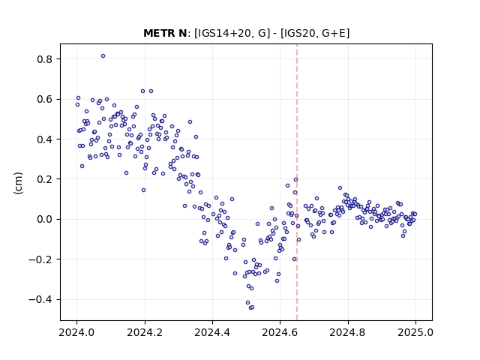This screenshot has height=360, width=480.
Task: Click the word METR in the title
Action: pos(157,33)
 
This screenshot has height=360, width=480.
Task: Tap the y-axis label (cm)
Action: pos(18,183)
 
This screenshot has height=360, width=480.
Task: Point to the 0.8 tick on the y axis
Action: pos(45,59)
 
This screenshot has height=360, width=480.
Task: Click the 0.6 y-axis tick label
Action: pos(45,99)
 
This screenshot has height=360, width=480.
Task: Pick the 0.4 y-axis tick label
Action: pos(45,139)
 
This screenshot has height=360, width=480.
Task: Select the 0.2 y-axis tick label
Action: pos(45,179)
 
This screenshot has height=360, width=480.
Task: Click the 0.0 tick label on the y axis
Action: pos(45,219)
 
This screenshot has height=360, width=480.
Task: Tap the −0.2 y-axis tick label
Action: pos(40,259)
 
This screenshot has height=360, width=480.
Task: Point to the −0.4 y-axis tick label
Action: pos(40,299)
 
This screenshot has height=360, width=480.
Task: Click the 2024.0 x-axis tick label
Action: pos(76,332)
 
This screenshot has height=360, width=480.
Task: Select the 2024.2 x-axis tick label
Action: pos(145,332)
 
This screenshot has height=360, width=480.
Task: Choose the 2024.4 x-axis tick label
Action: pos(212,332)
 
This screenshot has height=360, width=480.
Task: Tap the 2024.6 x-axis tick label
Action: pos(280,332)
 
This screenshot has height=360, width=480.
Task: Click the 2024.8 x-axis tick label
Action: pos(348,332)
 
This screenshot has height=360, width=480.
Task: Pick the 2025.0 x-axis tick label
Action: pos(415,332)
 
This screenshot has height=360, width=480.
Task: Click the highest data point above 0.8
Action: pos(103,56)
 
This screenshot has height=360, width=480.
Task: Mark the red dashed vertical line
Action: pos(297,182)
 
